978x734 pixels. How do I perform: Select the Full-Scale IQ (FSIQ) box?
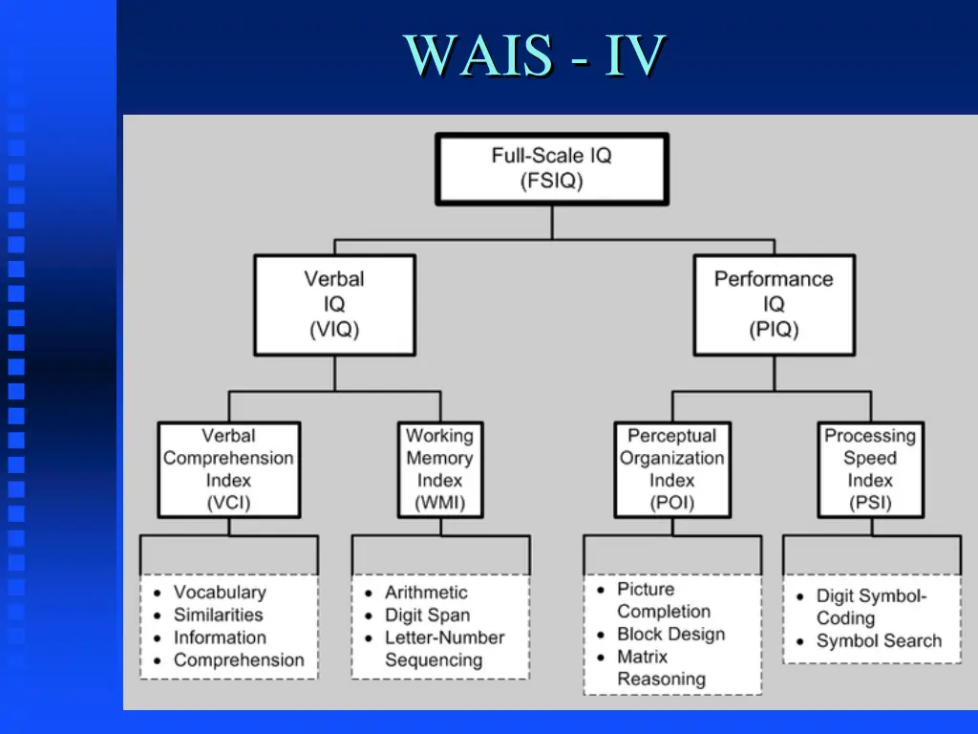(551, 168)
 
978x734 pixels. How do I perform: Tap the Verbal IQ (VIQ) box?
(334, 305)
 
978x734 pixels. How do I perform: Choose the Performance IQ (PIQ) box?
(774, 305)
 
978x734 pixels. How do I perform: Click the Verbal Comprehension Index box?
(228, 469)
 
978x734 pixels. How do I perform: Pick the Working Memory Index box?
(439, 469)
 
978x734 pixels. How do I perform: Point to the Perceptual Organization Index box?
(671, 469)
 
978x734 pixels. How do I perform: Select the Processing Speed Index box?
(869, 469)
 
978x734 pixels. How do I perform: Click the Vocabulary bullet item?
(220, 593)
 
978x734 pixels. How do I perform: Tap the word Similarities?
(218, 615)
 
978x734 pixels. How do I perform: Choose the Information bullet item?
(220, 637)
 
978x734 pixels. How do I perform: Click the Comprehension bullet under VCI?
(239, 660)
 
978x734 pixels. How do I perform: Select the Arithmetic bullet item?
(426, 593)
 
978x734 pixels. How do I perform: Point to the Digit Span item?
(427, 615)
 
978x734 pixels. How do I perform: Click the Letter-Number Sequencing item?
(444, 648)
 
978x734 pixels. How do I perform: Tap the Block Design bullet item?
(670, 635)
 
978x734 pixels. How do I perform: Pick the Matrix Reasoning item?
(661, 668)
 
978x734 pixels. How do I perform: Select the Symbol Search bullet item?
(879, 641)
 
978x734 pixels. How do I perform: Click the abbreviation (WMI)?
(439, 503)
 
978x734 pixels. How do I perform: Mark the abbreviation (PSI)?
(869, 503)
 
